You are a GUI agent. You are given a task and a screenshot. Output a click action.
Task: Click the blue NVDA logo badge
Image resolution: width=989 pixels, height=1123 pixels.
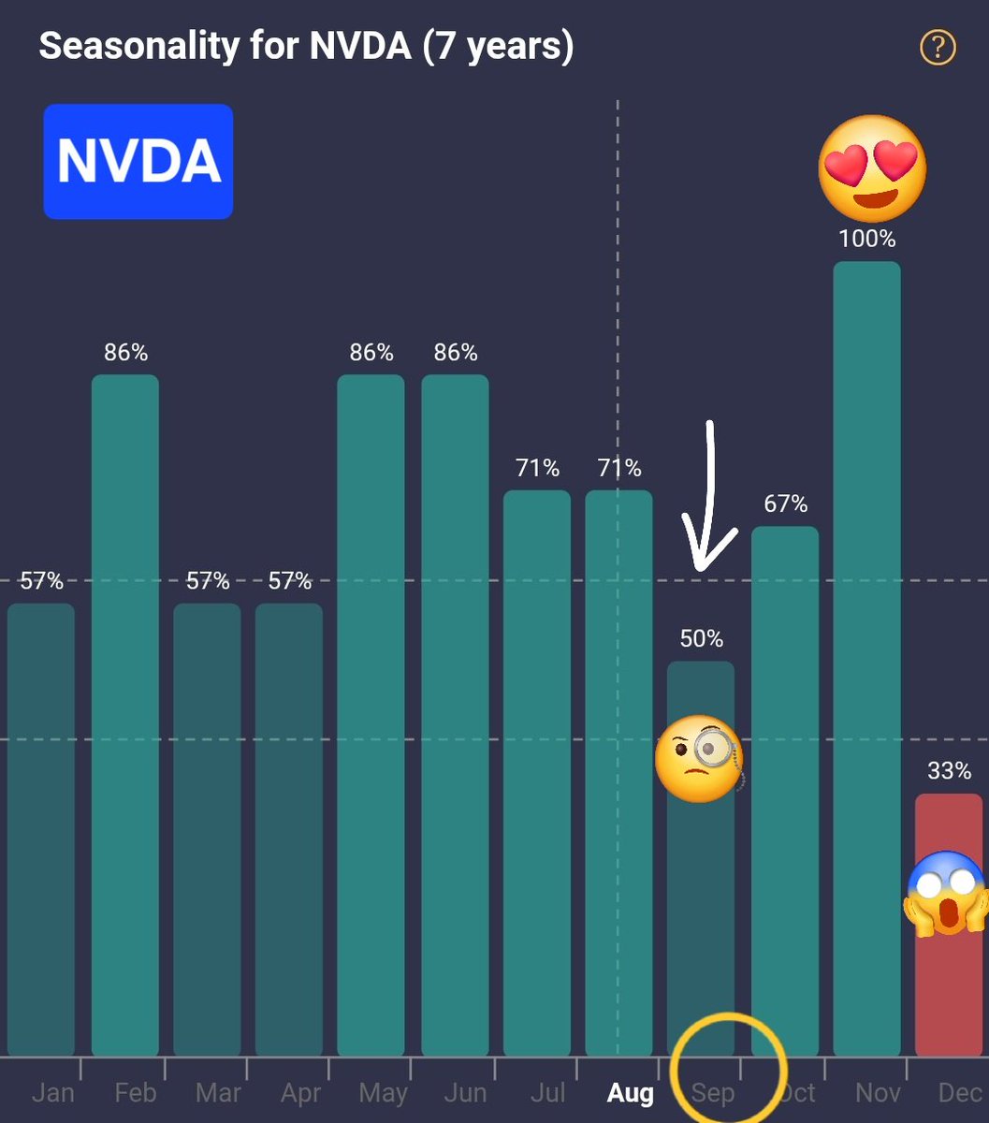[138, 162]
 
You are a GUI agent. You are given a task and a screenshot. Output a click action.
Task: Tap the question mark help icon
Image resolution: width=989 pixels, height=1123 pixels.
[938, 47]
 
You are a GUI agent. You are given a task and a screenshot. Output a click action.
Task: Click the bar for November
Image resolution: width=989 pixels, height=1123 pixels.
[866, 655]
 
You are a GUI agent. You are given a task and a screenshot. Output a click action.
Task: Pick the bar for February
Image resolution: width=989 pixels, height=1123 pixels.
[125, 711]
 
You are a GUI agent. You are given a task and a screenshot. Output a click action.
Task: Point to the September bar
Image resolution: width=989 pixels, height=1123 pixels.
[701, 889]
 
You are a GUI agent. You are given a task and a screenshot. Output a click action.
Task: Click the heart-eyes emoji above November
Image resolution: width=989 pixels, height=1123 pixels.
[872, 169]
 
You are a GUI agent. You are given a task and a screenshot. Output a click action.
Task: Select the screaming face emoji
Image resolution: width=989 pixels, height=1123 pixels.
[947, 893]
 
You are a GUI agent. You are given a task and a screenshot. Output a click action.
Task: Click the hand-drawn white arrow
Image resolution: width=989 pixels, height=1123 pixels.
[709, 496]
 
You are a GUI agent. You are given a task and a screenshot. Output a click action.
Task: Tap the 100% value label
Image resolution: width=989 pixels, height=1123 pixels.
[866, 240]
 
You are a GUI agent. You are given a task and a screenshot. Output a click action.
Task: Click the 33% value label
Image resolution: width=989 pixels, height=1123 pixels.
[949, 771]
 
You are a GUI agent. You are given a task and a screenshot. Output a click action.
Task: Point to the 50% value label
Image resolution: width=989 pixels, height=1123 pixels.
[701, 639]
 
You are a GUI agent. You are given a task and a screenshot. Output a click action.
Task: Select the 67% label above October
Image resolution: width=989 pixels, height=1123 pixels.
[785, 504]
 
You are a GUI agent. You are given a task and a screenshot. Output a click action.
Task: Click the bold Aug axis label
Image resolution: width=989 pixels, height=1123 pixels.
[630, 1093]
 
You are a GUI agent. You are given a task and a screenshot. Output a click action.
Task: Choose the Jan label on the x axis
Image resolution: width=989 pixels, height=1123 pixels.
[52, 1093]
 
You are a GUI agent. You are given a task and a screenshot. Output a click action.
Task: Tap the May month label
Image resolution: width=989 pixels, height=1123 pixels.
[383, 1093]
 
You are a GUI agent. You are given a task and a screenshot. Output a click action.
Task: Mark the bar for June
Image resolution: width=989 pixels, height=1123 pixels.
[455, 711]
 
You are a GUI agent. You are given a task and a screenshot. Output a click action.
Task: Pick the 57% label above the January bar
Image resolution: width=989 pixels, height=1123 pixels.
[41, 581]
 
